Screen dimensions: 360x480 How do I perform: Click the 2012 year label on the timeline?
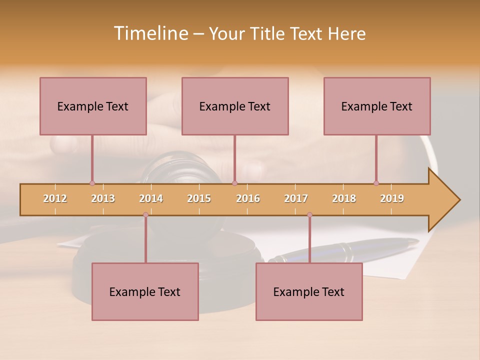[55, 198]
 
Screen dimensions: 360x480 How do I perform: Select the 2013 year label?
[103, 198]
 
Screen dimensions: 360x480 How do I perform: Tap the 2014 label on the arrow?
[151, 198]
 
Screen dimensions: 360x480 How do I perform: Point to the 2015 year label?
[199, 198]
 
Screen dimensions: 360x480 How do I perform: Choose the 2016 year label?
[248, 198]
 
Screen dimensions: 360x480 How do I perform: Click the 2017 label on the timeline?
[296, 198]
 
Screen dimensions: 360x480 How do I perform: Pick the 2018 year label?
[344, 198]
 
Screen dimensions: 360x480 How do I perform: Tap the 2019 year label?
[392, 198]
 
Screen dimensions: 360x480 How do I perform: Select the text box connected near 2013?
[93, 106]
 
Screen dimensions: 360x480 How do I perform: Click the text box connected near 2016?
[235, 106]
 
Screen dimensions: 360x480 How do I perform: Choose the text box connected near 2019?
[377, 106]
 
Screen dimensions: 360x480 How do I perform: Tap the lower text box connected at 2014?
[145, 291]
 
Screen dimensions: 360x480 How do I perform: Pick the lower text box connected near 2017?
[309, 291]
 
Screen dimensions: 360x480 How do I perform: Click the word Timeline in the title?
[150, 33]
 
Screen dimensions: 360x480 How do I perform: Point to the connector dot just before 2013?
[92, 183]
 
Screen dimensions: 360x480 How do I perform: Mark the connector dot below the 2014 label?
[145, 215]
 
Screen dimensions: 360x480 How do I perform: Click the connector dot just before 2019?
[376, 183]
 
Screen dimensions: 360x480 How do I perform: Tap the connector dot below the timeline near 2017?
[309, 215]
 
